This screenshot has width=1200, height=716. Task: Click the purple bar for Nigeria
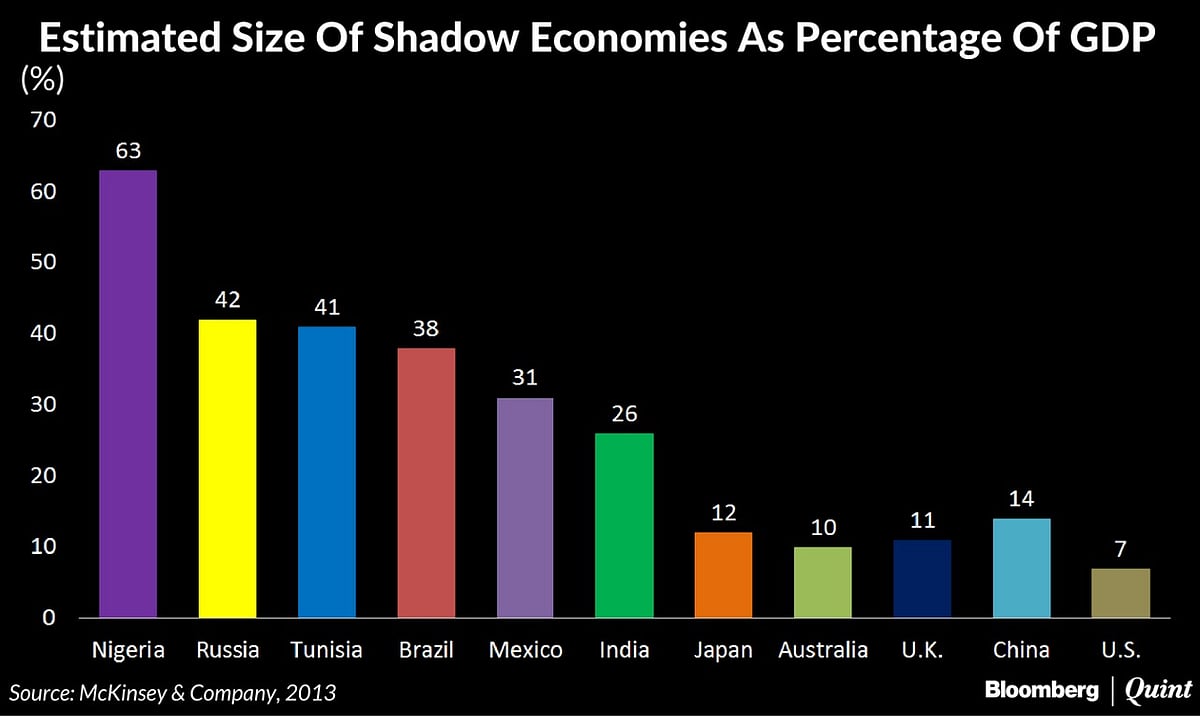tap(127, 393)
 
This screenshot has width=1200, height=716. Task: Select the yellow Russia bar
tap(227, 468)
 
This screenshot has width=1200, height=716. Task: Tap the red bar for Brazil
tap(426, 482)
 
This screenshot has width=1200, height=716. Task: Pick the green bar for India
tap(624, 525)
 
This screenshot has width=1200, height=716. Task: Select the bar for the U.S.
tap(1121, 593)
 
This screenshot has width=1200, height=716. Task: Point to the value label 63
tap(127, 152)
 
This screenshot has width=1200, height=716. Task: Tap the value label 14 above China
tap(1021, 500)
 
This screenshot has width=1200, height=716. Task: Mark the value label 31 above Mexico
tap(525, 379)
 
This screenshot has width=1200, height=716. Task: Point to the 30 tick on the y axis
tap(43, 405)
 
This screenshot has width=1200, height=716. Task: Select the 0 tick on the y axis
tap(49, 618)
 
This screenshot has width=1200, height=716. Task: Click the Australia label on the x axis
tap(823, 650)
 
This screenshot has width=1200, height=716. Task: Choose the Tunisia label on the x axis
tap(326, 650)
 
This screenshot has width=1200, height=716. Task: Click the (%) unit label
tap(42, 81)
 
